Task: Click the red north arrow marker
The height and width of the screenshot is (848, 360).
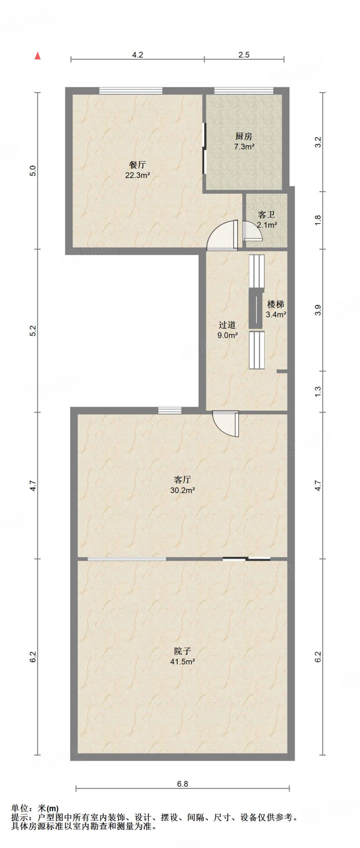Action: pos(38,56)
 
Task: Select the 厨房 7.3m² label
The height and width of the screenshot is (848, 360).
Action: pos(244,141)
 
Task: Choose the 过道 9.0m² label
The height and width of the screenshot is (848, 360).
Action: pos(227,330)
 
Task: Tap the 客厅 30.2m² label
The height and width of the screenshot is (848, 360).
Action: pos(182,485)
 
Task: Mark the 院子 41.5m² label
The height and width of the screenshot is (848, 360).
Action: pos(182,656)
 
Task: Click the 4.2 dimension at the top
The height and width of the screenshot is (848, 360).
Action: pos(137,55)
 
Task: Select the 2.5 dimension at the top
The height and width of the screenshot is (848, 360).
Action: pos(244,55)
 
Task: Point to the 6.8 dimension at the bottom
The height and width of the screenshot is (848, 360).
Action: pos(182,783)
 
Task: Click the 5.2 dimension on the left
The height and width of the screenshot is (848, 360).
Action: pos(33,330)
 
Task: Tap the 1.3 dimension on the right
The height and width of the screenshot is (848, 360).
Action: pos(318,391)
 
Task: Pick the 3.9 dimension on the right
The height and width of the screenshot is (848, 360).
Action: pos(318,310)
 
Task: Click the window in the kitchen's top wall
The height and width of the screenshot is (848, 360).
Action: pos(244,91)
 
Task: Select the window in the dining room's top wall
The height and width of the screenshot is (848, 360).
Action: pos(130,91)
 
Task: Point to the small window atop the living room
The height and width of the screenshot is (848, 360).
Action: pos(170,410)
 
